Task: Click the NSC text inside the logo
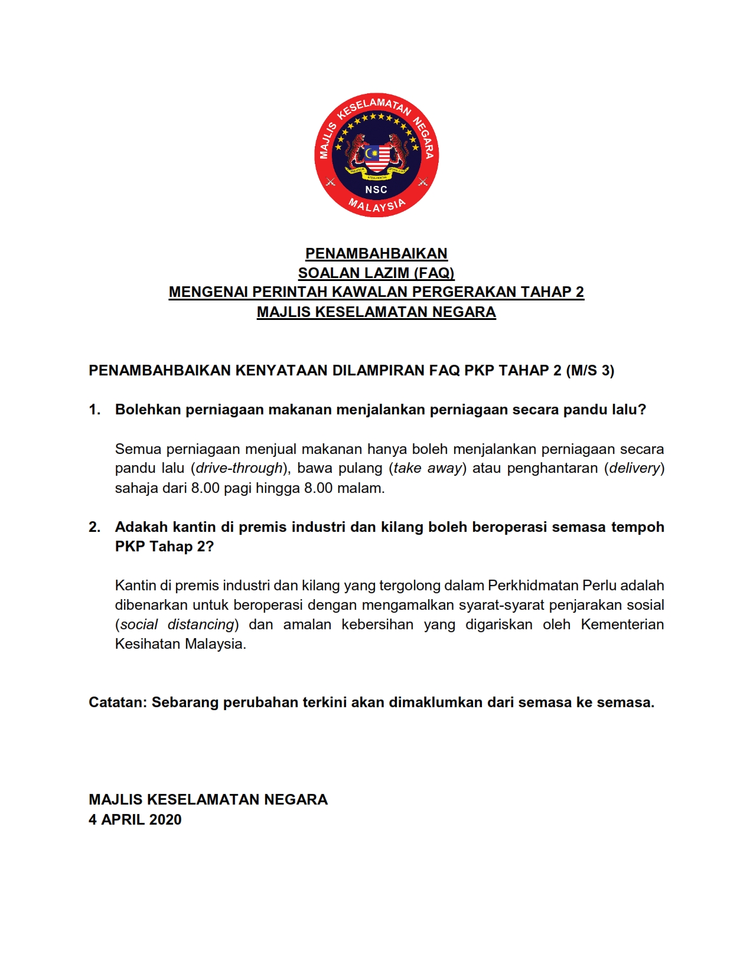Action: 376,189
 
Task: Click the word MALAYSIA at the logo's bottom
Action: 377,205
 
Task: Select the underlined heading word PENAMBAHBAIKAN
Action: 376,254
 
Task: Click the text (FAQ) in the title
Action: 434,273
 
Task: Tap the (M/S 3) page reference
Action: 590,371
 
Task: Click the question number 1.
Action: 94,410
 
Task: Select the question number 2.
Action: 94,527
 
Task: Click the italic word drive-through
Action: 239,468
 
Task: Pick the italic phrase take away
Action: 428,468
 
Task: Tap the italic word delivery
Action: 634,468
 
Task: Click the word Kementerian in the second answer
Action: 622,625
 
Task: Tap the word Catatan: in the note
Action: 118,702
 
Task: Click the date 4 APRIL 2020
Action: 135,820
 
